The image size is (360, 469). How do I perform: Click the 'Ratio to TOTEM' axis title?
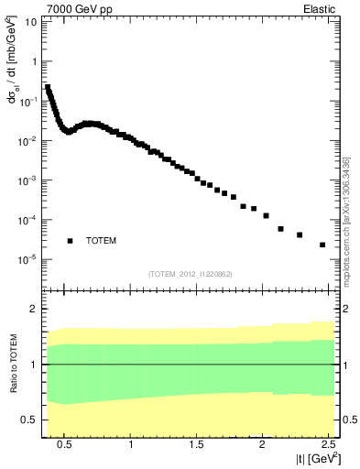[x=13, y=364]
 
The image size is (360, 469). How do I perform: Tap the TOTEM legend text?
[x=101, y=241]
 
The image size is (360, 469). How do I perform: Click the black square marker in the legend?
[x=70, y=241]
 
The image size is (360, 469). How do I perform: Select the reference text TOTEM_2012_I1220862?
[x=191, y=274]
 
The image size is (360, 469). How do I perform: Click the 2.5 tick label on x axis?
[x=326, y=443]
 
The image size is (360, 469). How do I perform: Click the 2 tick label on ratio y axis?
[x=35, y=309]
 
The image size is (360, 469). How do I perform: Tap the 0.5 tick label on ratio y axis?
[x=31, y=420]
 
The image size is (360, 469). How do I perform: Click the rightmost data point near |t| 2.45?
[x=322, y=245]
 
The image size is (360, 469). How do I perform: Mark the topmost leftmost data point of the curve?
[x=48, y=88]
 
